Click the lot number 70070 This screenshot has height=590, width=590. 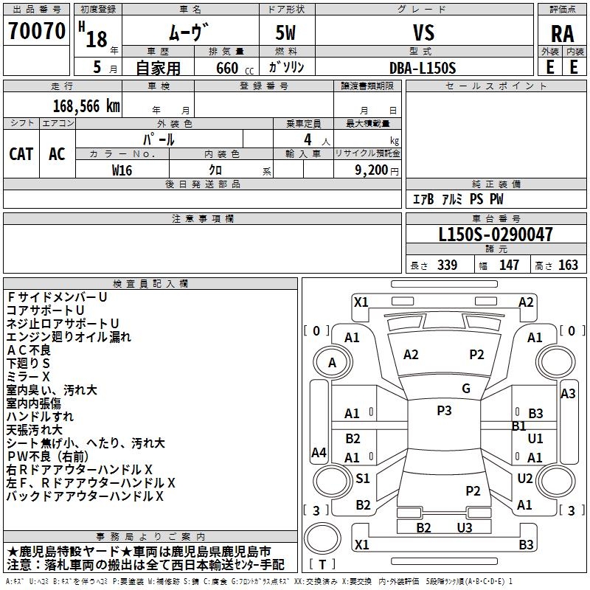(x=36, y=32)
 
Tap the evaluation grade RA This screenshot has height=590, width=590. (x=562, y=34)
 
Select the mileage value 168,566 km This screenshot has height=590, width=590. (x=86, y=106)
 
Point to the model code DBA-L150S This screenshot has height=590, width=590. (x=423, y=68)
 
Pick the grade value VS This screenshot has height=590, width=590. (x=423, y=33)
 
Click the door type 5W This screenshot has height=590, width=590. (x=286, y=33)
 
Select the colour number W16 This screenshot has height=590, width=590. (x=122, y=170)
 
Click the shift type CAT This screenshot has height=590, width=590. (x=21, y=154)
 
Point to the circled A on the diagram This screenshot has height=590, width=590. (x=332, y=362)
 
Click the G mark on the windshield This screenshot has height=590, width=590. (x=466, y=389)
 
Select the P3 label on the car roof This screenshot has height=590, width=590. (x=444, y=411)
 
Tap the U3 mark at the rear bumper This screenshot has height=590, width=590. (x=465, y=527)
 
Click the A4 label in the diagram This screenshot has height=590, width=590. (x=319, y=453)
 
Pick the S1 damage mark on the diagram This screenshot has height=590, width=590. (x=363, y=478)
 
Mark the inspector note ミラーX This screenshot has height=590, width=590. (x=29, y=377)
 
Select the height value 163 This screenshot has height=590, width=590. (x=568, y=265)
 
